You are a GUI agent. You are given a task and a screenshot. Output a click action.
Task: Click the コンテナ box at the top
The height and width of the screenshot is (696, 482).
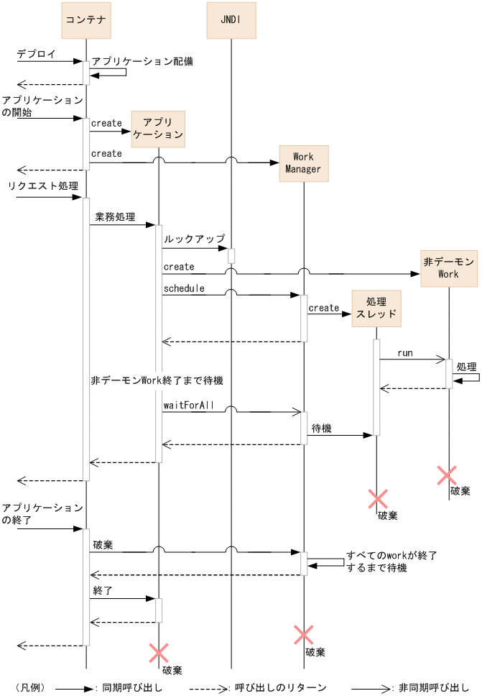[86, 20]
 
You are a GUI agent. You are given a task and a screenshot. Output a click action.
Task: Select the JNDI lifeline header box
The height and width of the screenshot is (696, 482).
[231, 20]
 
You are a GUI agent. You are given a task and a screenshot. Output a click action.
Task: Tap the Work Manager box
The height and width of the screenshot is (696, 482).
[304, 163]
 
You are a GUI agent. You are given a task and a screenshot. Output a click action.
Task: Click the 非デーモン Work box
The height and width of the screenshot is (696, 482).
[449, 268]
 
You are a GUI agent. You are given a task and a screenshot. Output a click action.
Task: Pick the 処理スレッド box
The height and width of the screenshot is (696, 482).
[376, 308]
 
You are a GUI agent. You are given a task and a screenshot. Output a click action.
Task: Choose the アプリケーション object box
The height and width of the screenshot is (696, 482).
[158, 129]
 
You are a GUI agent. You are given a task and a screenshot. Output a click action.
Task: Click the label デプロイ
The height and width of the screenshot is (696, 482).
[37, 54]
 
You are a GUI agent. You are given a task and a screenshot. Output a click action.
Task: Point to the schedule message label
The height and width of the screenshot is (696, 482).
[184, 288]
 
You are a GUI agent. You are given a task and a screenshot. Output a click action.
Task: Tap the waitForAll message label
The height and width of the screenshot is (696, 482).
[188, 406]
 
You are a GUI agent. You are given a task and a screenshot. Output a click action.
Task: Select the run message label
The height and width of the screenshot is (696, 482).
[405, 353]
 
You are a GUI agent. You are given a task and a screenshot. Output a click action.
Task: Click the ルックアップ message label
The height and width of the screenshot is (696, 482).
[194, 239]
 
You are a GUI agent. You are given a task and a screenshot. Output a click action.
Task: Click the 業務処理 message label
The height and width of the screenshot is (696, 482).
[115, 217]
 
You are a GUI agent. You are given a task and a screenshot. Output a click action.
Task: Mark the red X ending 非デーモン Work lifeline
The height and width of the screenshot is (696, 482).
[447, 475]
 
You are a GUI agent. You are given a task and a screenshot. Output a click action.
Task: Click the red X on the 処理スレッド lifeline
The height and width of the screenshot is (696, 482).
[378, 499]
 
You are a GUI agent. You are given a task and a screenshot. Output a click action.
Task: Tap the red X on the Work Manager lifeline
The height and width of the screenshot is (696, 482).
[304, 635]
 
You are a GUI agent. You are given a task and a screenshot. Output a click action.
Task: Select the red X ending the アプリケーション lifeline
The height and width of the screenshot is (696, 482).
[158, 653]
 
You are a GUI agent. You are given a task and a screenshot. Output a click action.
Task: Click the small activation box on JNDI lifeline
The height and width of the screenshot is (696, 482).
[231, 256]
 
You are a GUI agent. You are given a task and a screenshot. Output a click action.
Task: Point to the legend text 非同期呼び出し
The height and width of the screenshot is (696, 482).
[433, 687]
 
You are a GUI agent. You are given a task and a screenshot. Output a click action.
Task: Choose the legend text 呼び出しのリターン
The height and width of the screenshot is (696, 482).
[281, 687]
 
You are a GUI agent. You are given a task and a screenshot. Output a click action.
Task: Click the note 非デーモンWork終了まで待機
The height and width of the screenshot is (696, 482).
[157, 380]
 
